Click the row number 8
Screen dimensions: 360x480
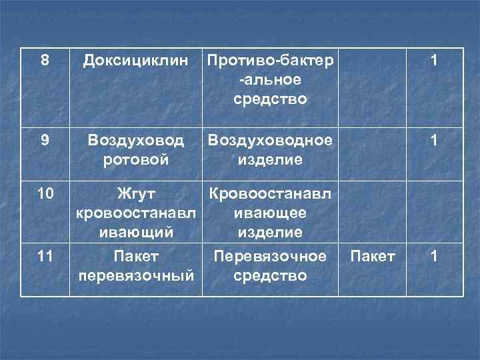(x=45, y=61)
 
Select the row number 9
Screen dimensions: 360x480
(x=45, y=141)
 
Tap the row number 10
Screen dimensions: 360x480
(x=45, y=194)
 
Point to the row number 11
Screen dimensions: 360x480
(x=45, y=256)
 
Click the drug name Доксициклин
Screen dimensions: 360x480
(x=136, y=61)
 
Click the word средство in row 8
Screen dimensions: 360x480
(x=271, y=99)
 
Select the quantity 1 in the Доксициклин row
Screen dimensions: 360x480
(x=434, y=61)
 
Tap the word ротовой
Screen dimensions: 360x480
(x=136, y=161)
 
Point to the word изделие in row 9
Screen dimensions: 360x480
(x=271, y=161)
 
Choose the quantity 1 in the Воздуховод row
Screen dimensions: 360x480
(x=434, y=141)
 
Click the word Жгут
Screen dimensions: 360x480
(x=136, y=194)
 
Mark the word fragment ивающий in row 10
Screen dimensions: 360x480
(x=136, y=233)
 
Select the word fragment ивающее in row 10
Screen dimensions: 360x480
(x=271, y=213)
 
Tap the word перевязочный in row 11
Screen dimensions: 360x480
(x=136, y=275)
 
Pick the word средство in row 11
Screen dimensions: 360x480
(x=271, y=275)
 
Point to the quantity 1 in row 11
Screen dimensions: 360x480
(x=434, y=256)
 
